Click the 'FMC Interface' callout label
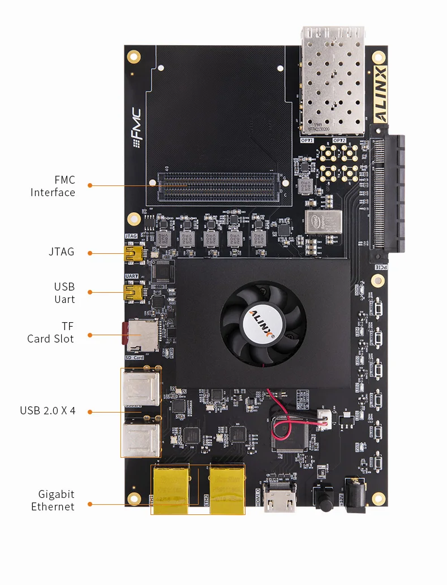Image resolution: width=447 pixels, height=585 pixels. tap(53, 187)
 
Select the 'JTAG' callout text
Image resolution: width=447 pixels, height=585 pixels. tap(61, 252)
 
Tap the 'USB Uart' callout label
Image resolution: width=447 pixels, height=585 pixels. tap(64, 293)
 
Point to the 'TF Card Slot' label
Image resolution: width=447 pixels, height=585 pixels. tap(50, 332)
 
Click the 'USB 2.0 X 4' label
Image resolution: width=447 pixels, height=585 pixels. tap(48, 411)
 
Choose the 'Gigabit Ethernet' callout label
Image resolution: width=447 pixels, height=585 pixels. tap(53, 500)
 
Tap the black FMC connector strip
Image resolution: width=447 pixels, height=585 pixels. tap(218, 188)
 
